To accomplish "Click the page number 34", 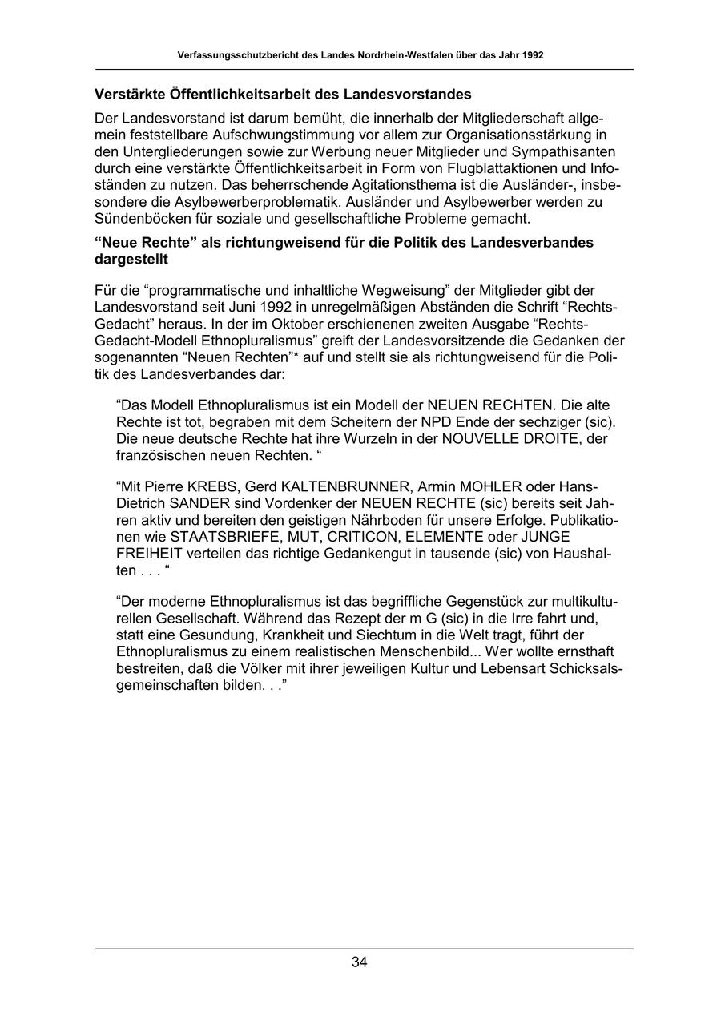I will (x=360, y=962).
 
